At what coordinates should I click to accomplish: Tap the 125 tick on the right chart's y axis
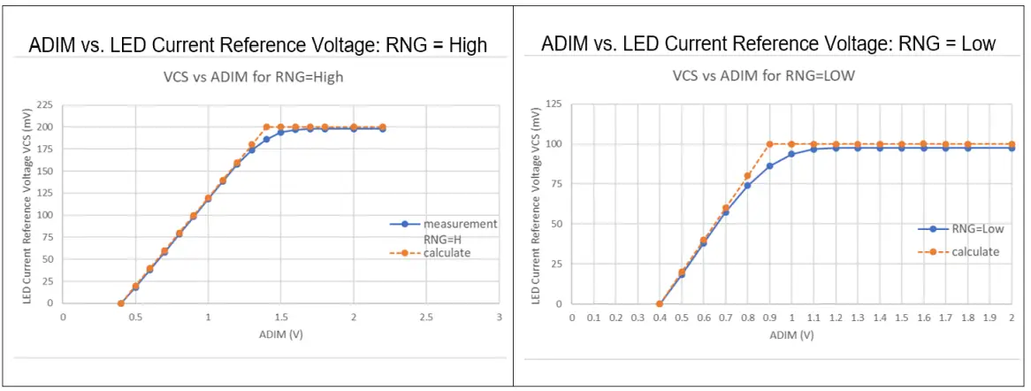tap(554, 104)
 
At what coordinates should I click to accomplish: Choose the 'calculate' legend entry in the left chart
tap(447, 253)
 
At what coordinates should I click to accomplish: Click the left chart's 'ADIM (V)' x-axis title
tap(279, 335)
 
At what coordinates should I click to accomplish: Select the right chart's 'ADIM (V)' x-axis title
tap(791, 335)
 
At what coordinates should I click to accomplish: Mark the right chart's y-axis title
tap(537, 205)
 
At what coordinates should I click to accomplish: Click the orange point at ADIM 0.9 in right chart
tap(769, 144)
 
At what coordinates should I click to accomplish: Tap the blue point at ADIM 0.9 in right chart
tap(769, 166)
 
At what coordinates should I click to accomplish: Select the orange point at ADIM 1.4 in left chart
tap(266, 127)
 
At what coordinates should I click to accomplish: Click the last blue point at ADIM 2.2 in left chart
tap(382, 129)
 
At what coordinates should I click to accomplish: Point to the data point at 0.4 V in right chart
tap(660, 303)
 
